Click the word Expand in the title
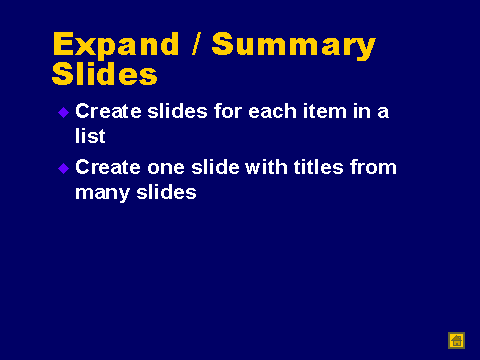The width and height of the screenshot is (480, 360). coord(116,44)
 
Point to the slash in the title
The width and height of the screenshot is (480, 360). coord(196,43)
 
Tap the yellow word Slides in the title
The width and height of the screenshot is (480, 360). coord(104,73)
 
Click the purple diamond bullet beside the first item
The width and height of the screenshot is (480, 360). coord(63,112)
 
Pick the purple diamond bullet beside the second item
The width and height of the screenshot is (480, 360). coord(63,168)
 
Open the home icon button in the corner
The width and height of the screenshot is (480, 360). coord(456,341)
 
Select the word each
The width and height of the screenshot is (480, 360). coord(272,111)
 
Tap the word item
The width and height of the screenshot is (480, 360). coord(325,111)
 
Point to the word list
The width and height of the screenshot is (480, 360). coord(90,136)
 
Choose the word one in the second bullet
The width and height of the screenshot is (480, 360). coord(166,168)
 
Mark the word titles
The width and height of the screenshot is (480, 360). coord(318,167)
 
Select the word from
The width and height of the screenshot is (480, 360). coord(373,167)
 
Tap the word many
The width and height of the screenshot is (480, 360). coord(102,193)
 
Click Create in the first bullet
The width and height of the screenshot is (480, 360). coord(108,111)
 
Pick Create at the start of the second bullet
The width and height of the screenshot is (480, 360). coord(108,167)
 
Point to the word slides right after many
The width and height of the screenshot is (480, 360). coord(166,192)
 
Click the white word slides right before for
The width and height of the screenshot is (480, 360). coord(178,111)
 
